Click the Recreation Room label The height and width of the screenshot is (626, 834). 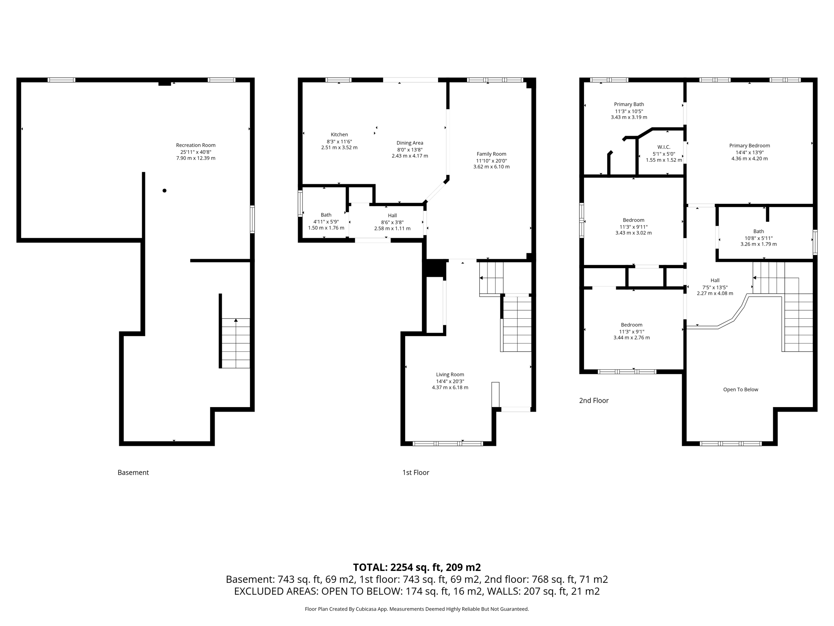[195, 145]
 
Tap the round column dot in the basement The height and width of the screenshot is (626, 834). [165, 190]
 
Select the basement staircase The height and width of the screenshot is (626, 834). [236, 343]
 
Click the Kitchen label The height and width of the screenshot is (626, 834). [339, 134]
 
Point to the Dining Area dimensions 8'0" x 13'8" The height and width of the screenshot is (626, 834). [410, 150]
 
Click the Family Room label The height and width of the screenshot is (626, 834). [491, 154]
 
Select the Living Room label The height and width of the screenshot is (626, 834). [450, 375]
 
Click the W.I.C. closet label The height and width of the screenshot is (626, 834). [663, 147]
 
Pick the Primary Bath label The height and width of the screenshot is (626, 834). [629, 104]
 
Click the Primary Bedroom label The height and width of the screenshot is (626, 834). [749, 145]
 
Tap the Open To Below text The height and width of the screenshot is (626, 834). [740, 390]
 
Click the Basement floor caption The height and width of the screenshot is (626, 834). [133, 472]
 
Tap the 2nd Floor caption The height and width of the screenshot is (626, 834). [594, 401]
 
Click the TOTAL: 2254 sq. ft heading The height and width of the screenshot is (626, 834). [417, 567]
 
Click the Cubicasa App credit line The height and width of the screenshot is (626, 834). [417, 609]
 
